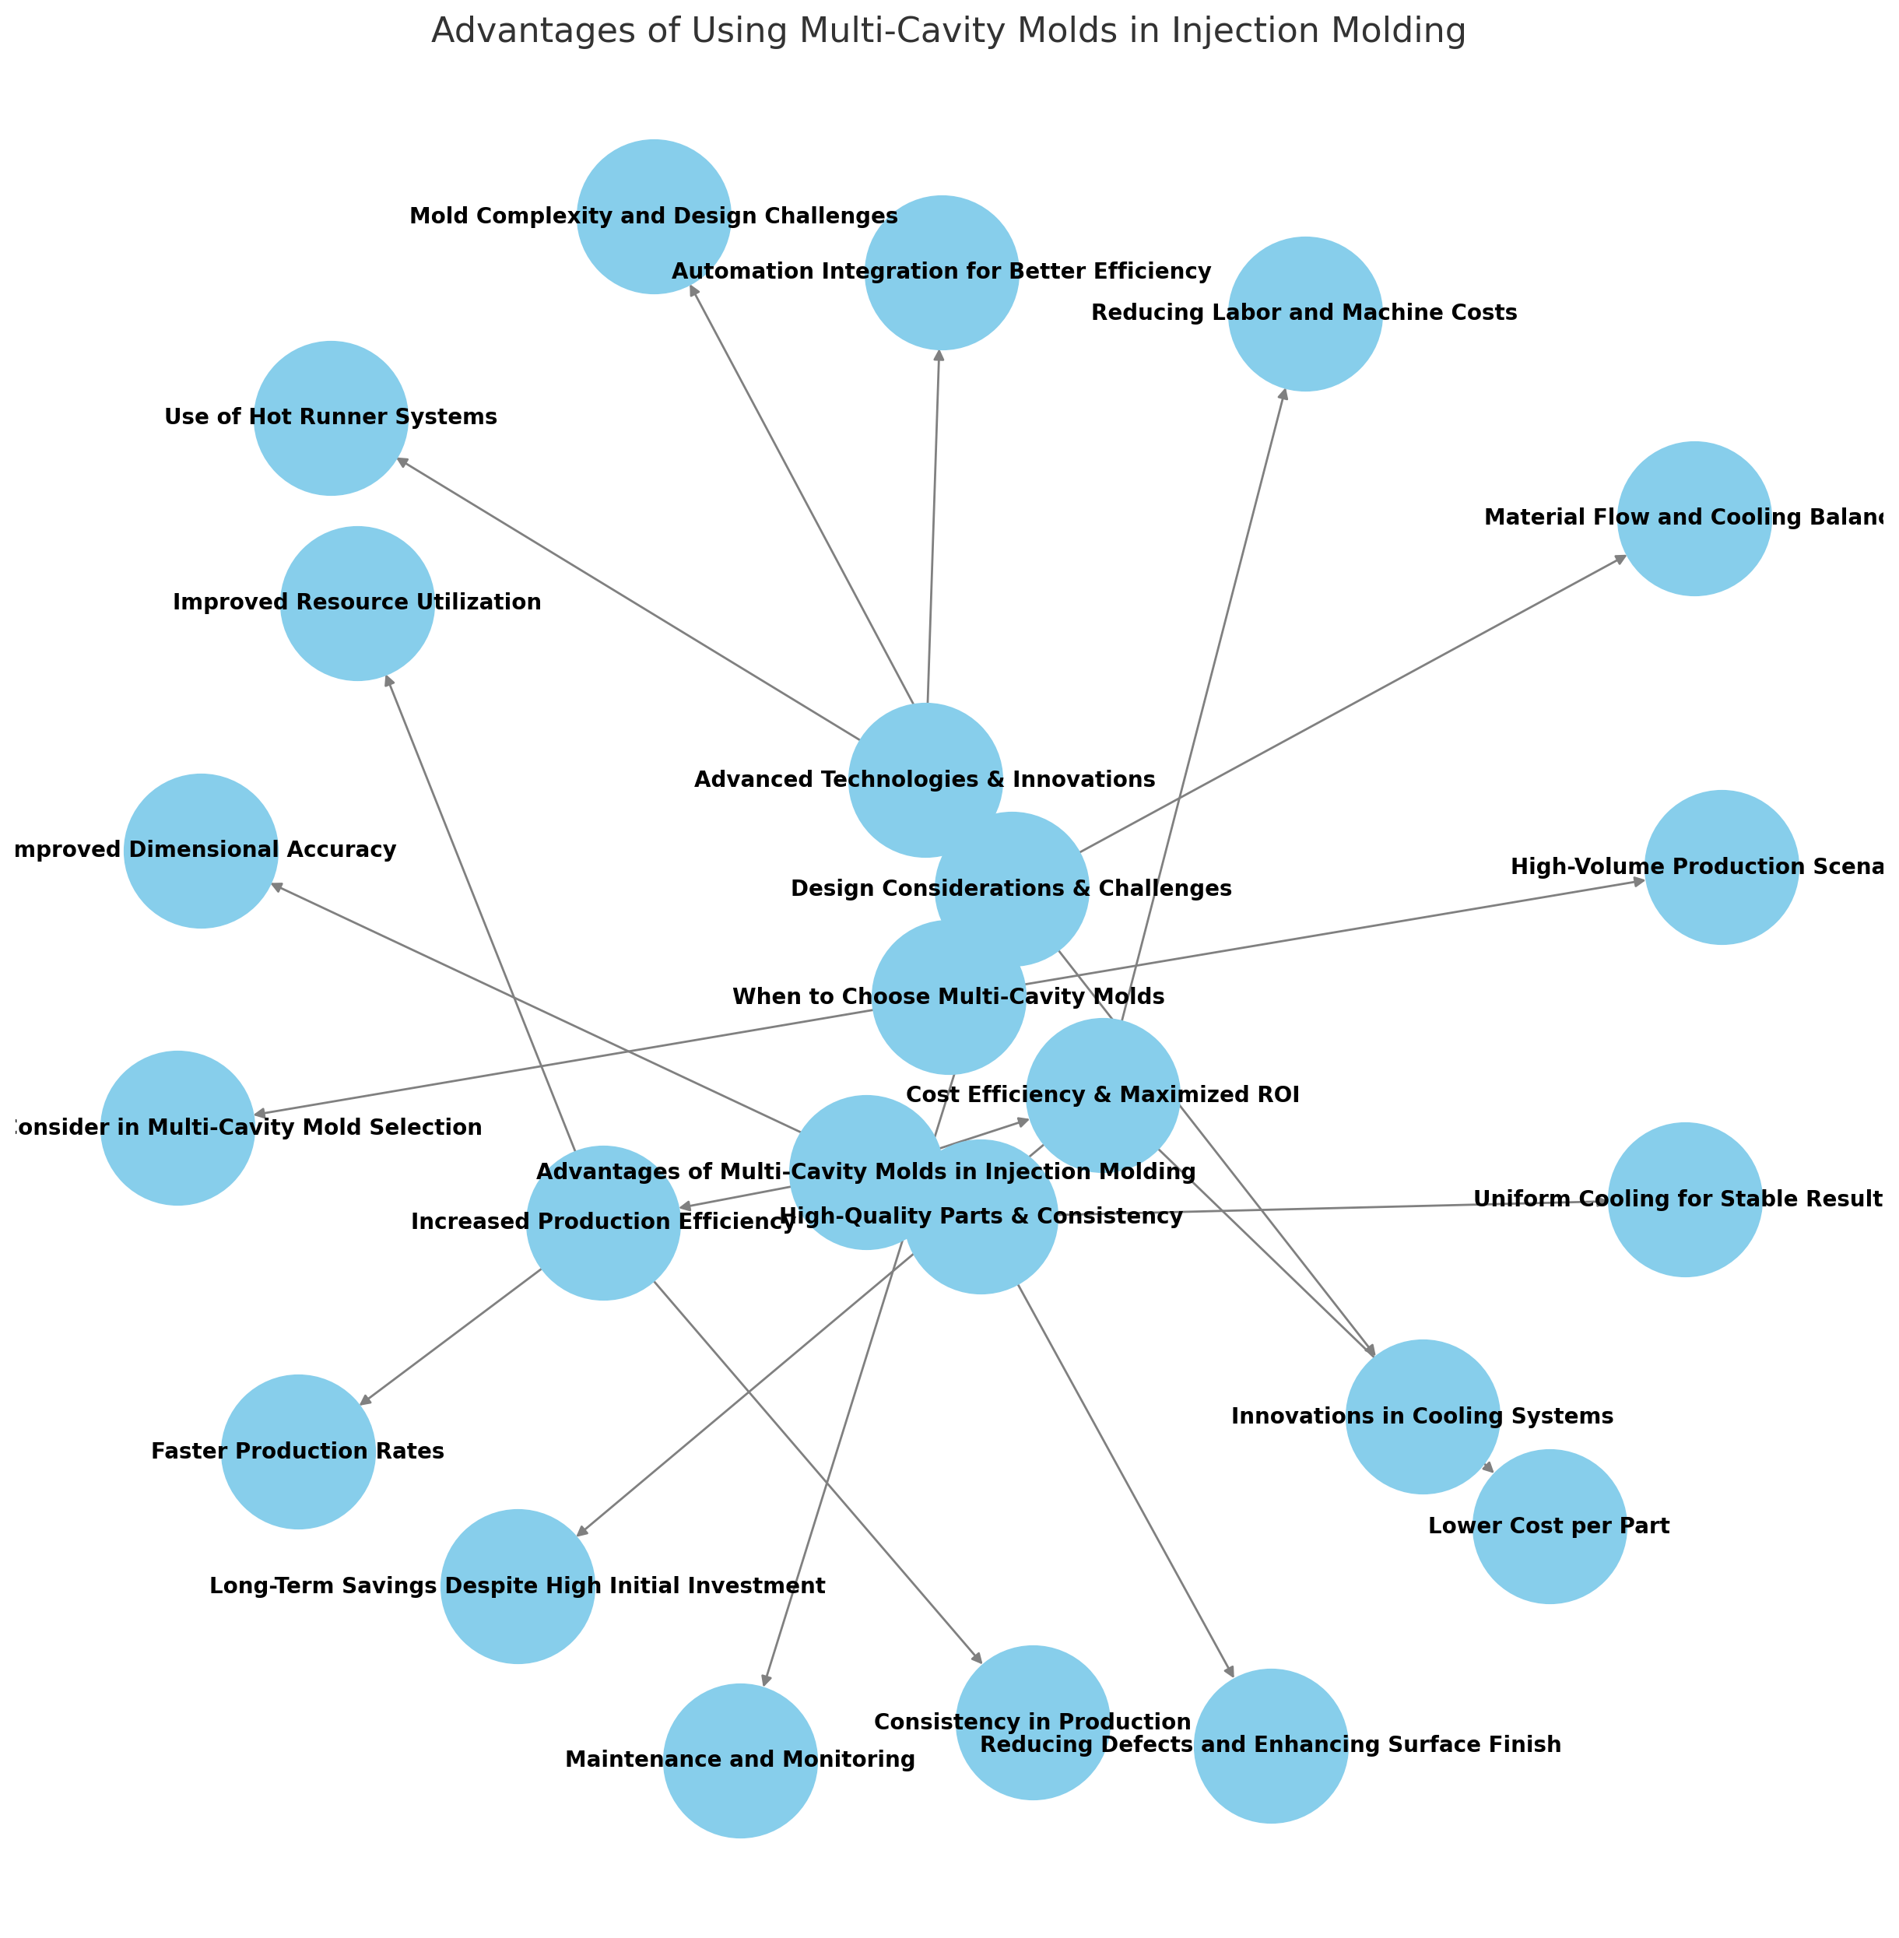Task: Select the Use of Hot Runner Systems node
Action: pyautogui.click(x=331, y=418)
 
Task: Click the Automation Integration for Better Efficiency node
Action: pyautogui.click(x=942, y=272)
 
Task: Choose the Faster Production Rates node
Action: pyautogui.click(x=298, y=1452)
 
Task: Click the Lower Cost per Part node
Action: pyautogui.click(x=1549, y=1527)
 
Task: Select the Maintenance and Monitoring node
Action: pyautogui.click(x=740, y=1761)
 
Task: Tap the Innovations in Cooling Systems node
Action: pyautogui.click(x=1422, y=1417)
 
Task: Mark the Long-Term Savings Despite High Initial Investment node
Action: pyautogui.click(x=518, y=1587)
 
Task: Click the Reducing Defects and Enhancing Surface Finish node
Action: pyautogui.click(x=1271, y=1746)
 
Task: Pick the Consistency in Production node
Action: pyautogui.click(x=1032, y=1722)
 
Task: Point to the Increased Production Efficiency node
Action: pyautogui.click(x=603, y=1223)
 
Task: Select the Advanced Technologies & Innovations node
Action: pyautogui.click(x=925, y=780)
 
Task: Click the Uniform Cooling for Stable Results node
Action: pyautogui.click(x=1684, y=1200)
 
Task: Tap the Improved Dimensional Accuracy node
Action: pyautogui.click(x=202, y=851)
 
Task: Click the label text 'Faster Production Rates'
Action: pyautogui.click(x=298, y=1452)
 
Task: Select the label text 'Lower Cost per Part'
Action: pyautogui.click(x=1549, y=1527)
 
